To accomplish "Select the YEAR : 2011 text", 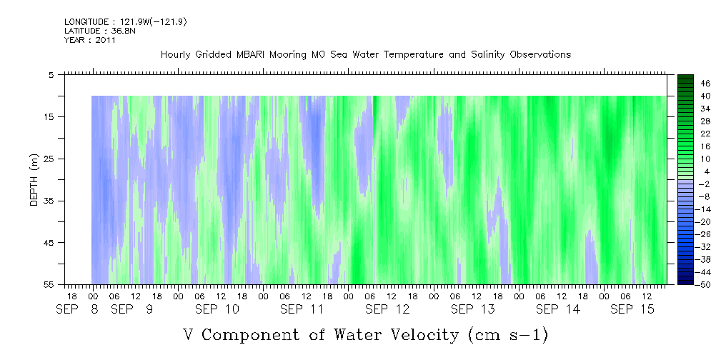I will coord(89,40).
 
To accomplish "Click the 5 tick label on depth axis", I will coord(51,74).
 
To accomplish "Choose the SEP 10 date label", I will coord(218,309).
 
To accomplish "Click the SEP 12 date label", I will coord(388,309).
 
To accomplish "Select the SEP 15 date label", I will coord(633,309).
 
